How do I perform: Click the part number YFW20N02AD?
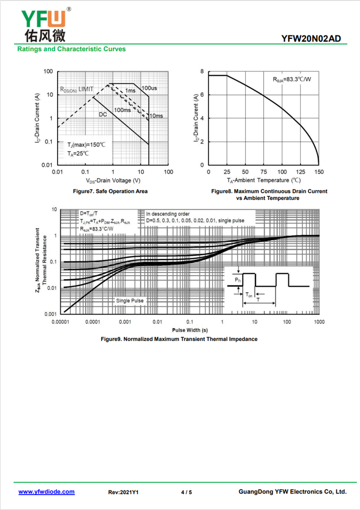tap(311, 39)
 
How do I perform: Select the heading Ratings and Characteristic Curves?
tap(72, 49)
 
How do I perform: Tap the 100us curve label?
tap(149, 88)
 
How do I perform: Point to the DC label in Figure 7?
tap(103, 114)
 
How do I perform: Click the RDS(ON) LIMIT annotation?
tap(77, 89)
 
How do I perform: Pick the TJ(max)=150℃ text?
tap(86, 145)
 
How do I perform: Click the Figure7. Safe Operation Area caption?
tap(110, 191)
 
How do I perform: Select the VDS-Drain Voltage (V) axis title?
tap(113, 181)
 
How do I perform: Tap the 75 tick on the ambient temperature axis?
tap(264, 172)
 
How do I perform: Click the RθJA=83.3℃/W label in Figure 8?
tap(292, 79)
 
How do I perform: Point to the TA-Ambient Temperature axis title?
tap(264, 180)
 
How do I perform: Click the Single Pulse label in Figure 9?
tap(130, 301)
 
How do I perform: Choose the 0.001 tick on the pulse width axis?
tap(125, 322)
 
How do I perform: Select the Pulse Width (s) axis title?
tap(190, 330)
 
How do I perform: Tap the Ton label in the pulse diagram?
tap(249, 295)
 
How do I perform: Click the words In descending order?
tap(168, 214)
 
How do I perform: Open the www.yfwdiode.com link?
tap(46, 492)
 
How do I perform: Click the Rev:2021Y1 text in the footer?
tap(123, 492)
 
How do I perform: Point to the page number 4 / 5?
tap(186, 492)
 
